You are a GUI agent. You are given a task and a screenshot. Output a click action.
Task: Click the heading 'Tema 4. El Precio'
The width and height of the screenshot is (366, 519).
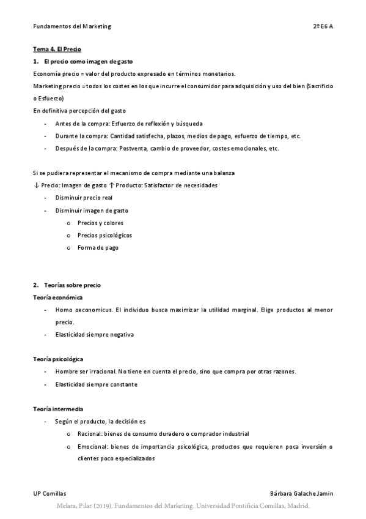click(x=57, y=49)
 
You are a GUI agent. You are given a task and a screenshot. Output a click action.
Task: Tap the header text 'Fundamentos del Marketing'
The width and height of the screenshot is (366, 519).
click(x=72, y=26)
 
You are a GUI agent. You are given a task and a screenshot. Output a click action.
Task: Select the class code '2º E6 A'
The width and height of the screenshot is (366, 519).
click(x=323, y=26)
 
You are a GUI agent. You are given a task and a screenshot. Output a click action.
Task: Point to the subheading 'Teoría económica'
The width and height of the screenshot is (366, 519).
click(x=58, y=297)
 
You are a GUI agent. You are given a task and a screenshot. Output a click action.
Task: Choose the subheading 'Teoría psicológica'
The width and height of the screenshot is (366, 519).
click(x=59, y=359)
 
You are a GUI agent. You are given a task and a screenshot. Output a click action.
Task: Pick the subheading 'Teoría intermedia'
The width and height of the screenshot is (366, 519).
click(x=58, y=408)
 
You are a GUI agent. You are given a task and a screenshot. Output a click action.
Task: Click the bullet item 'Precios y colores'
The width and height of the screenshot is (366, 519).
click(x=100, y=223)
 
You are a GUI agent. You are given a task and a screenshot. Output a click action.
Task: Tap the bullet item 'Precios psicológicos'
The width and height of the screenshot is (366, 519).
click(x=104, y=235)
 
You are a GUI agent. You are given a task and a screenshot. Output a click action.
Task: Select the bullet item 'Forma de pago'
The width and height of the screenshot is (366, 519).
click(x=98, y=248)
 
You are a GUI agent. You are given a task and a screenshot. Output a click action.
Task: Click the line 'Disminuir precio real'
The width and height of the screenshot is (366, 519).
click(x=84, y=198)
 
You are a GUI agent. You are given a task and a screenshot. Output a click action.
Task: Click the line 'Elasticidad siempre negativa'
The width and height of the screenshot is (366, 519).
click(x=94, y=335)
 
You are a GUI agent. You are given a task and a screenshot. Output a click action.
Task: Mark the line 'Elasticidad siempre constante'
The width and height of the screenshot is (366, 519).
click(x=96, y=384)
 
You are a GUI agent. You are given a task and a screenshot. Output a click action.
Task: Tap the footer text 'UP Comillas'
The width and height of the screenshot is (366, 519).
click(x=49, y=493)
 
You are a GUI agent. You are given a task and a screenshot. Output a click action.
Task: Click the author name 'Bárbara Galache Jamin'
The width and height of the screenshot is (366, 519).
click(x=301, y=493)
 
